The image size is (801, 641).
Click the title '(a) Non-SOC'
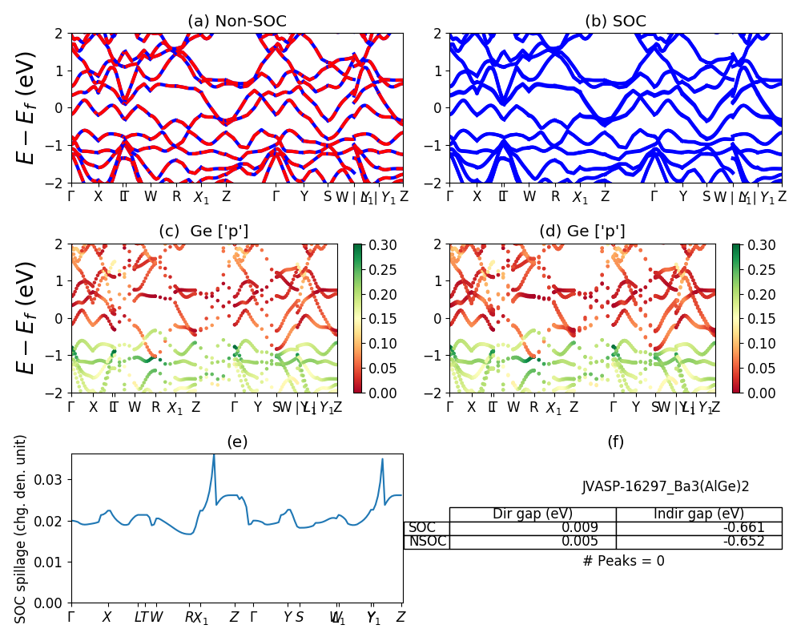click(x=236, y=21)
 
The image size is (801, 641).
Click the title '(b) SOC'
click(x=615, y=21)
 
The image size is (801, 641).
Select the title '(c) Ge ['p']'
click(x=203, y=231)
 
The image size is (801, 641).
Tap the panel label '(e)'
click(x=237, y=441)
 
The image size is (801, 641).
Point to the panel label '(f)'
click(x=615, y=441)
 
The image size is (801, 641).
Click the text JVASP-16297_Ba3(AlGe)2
click(x=666, y=486)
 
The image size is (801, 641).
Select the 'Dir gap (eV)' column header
click(x=533, y=514)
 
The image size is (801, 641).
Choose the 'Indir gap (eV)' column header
click(x=698, y=514)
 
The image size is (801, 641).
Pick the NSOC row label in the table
click(x=427, y=542)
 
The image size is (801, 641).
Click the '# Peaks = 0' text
click(x=623, y=561)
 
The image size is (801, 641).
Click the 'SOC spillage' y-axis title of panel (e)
click(x=22, y=529)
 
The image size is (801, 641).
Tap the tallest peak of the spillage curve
click(x=214, y=454)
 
